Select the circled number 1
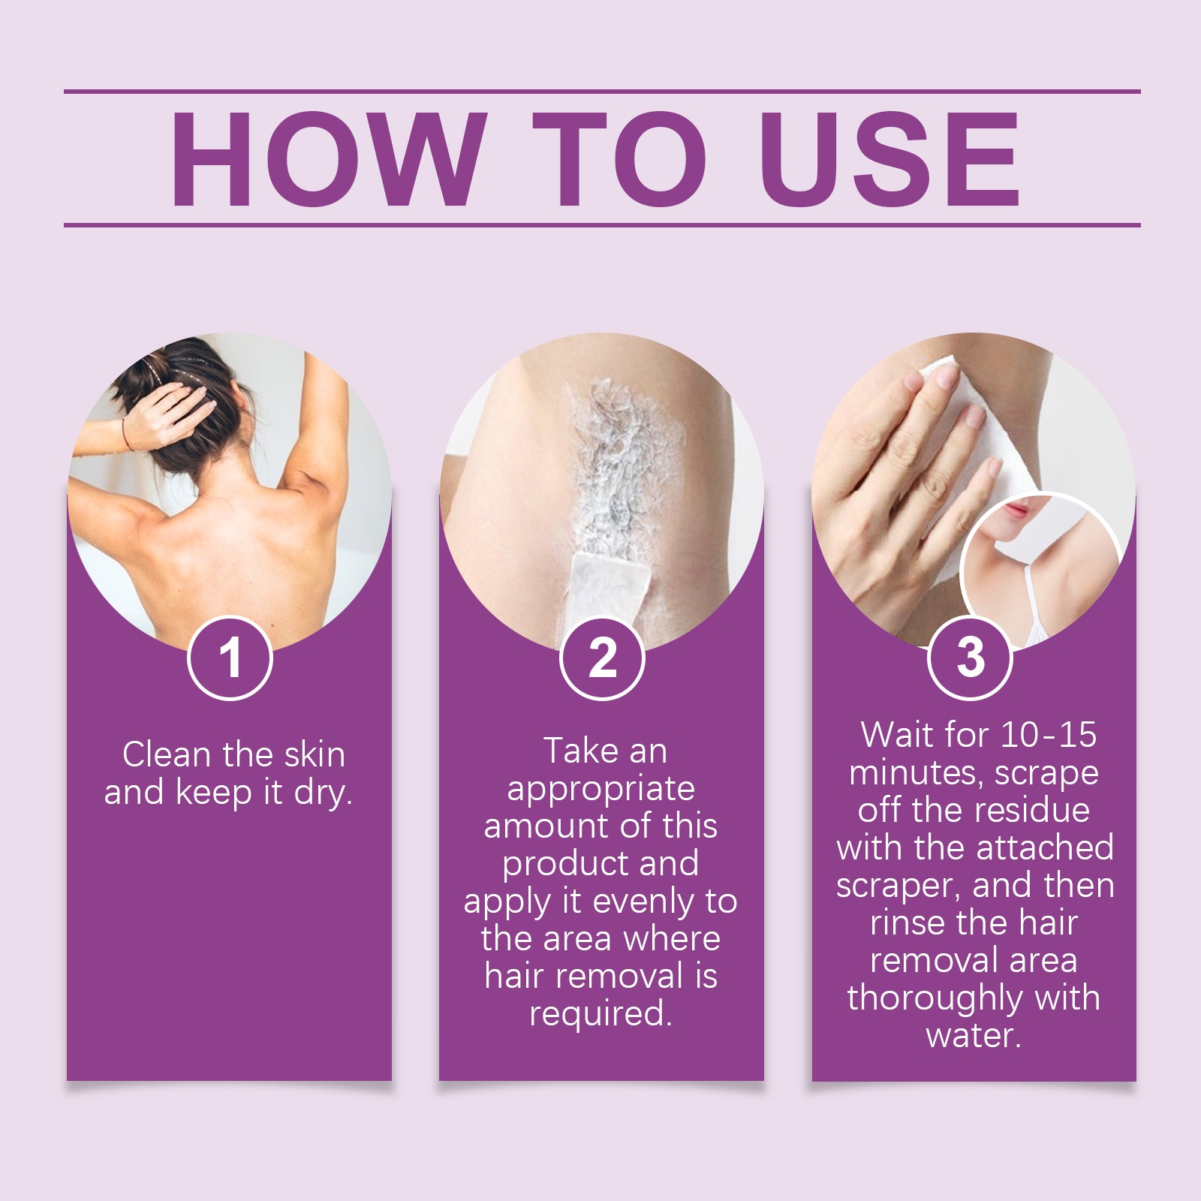tap(230, 658)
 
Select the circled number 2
tap(602, 658)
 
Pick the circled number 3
tap(971, 658)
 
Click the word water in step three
tap(974, 1037)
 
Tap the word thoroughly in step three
tap(935, 998)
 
